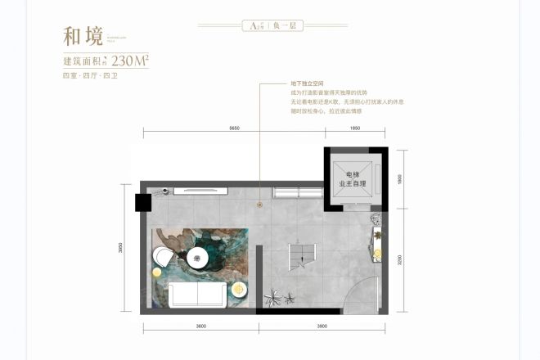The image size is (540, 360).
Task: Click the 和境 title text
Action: point(83,37)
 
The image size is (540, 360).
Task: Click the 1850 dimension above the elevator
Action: point(354,128)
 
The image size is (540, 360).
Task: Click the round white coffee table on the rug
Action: point(197,258)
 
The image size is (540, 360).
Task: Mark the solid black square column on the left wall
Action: point(142,202)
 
